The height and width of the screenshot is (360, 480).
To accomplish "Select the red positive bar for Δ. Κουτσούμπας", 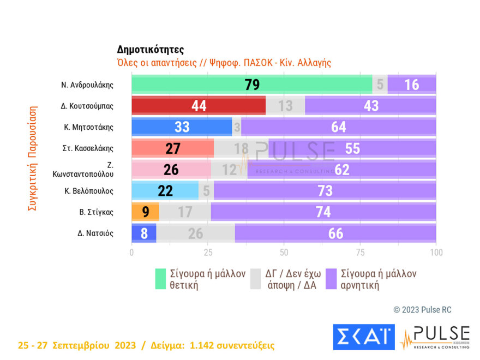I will pos(199,106).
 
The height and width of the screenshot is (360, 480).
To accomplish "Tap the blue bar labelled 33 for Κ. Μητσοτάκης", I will pos(182,127).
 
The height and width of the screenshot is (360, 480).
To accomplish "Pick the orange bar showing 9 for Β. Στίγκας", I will pos(145,212).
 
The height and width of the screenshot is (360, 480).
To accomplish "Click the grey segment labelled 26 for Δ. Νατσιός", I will pos(195,233).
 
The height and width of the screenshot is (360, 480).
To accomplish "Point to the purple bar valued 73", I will pos(324,190).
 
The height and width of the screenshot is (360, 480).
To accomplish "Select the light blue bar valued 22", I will pos(165,190).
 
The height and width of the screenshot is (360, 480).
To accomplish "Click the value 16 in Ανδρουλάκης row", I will pos(411,85).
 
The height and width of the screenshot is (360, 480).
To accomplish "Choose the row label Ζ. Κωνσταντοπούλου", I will pos(90,170).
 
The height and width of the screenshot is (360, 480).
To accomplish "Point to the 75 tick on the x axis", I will pos(360,253).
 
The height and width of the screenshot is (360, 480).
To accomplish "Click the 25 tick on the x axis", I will pos(207,253).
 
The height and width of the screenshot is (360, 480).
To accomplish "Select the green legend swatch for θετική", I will pos(160,278).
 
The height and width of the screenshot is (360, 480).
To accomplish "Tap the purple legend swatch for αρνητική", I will pos(331,278).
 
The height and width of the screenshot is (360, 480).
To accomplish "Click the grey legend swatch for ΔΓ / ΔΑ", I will pos(255,278).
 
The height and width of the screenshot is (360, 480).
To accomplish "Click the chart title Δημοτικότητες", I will pos(151,50).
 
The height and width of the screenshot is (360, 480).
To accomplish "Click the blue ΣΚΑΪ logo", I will pos(363,337).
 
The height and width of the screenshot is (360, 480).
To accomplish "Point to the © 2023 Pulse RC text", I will pos(422,310).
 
